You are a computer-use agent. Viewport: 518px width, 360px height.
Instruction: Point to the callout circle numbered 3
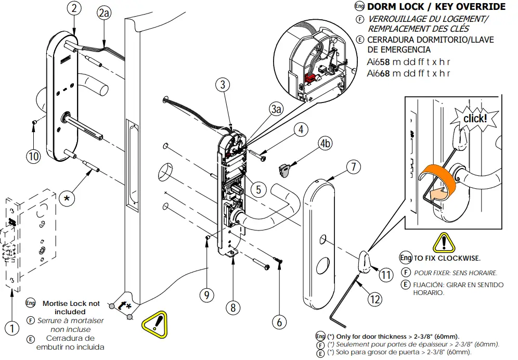coord(222,85)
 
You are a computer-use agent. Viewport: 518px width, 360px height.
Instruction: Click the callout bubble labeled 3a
coord(276,109)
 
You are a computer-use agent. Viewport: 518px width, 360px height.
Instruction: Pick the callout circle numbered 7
coord(353,167)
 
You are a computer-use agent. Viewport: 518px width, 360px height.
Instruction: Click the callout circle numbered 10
coord(34,156)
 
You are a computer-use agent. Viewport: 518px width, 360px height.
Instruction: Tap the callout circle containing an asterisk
coord(66,198)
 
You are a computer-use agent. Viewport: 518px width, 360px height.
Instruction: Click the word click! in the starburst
coord(475,118)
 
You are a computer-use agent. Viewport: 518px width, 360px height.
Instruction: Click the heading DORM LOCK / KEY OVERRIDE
coord(436,7)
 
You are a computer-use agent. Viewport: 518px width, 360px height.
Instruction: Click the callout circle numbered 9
coord(206,295)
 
